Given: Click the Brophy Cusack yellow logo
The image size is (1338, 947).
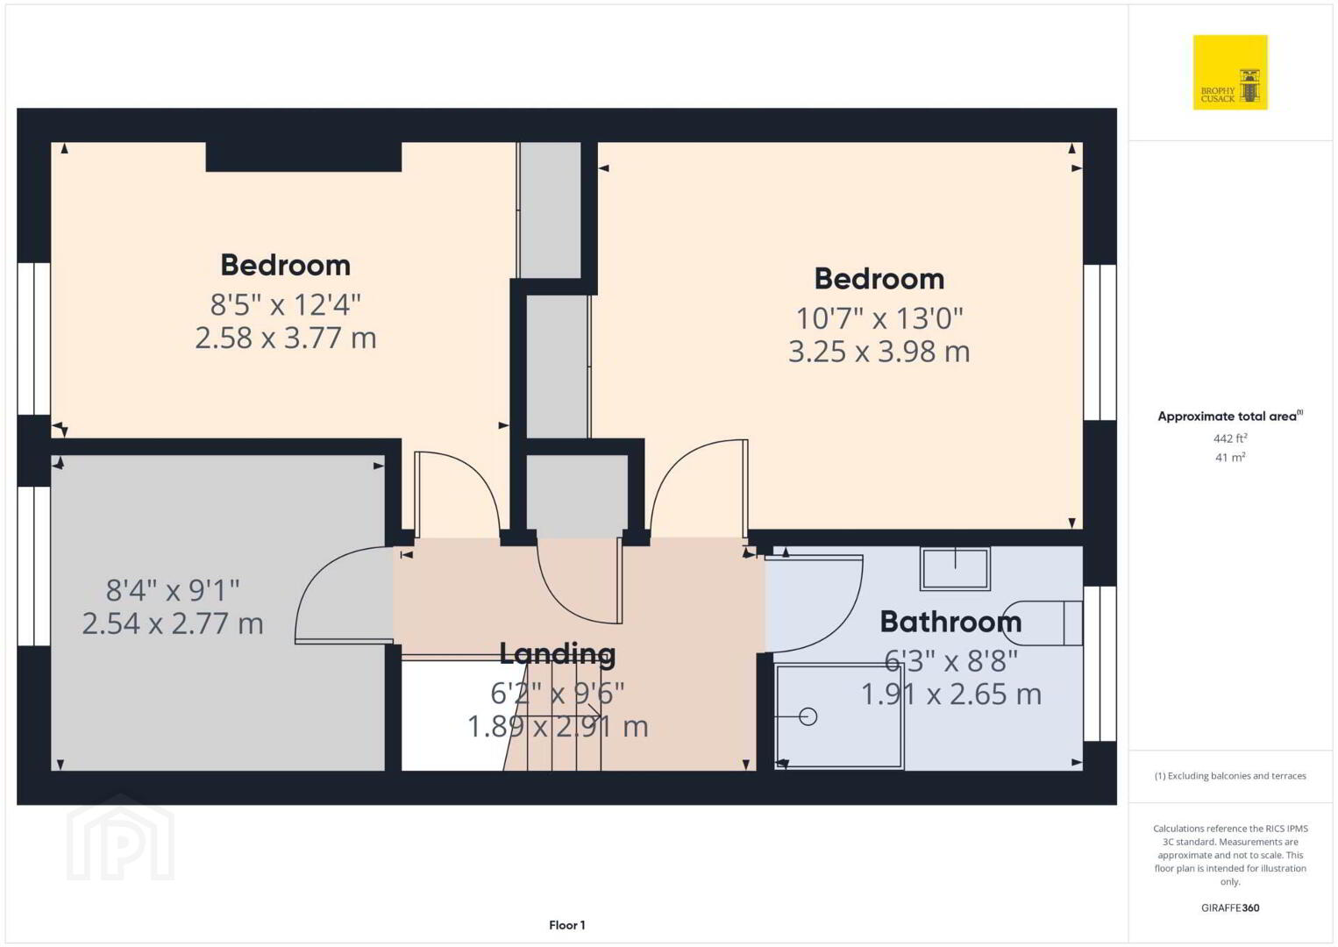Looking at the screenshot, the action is point(1230,72).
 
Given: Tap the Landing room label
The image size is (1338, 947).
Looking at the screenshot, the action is point(558,653).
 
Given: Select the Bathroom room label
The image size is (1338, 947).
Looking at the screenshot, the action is point(951,622).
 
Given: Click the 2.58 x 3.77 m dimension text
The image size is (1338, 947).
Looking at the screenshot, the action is point(286,338).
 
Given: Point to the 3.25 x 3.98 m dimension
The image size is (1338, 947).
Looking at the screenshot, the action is point(879,352).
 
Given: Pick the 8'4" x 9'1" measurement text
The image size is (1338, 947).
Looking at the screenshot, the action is point(173,590).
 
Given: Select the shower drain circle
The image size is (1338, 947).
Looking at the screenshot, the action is point(808,716).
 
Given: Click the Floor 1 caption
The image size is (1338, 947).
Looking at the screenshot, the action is point(567,925).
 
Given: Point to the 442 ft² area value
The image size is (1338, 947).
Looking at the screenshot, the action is point(1230,438).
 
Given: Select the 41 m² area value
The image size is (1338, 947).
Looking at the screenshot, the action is point(1230,458).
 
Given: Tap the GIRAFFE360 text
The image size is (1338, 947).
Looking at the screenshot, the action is point(1230,908).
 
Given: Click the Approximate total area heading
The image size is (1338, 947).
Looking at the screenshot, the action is point(1230,416).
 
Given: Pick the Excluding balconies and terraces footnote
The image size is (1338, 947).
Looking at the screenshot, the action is point(1230,776).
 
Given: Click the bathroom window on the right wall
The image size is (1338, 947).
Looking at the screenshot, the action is point(1100,664).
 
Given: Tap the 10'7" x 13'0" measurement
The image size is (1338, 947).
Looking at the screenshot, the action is point(879,319).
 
